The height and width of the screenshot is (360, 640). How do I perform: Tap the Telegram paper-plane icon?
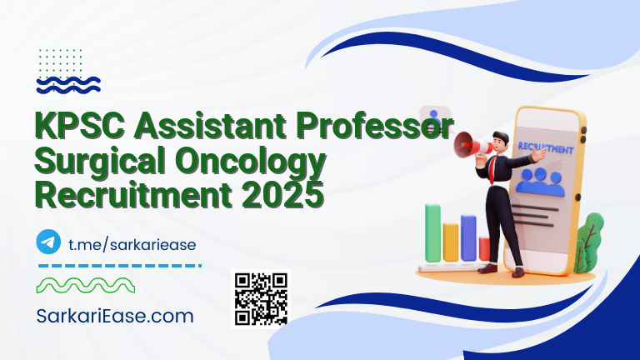(49, 242)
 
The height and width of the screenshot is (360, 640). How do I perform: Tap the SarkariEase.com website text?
(116, 316)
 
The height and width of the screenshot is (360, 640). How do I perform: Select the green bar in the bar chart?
(433, 232)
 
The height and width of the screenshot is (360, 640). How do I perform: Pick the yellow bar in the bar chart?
(451, 241)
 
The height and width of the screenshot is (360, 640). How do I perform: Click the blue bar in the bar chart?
(468, 237)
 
